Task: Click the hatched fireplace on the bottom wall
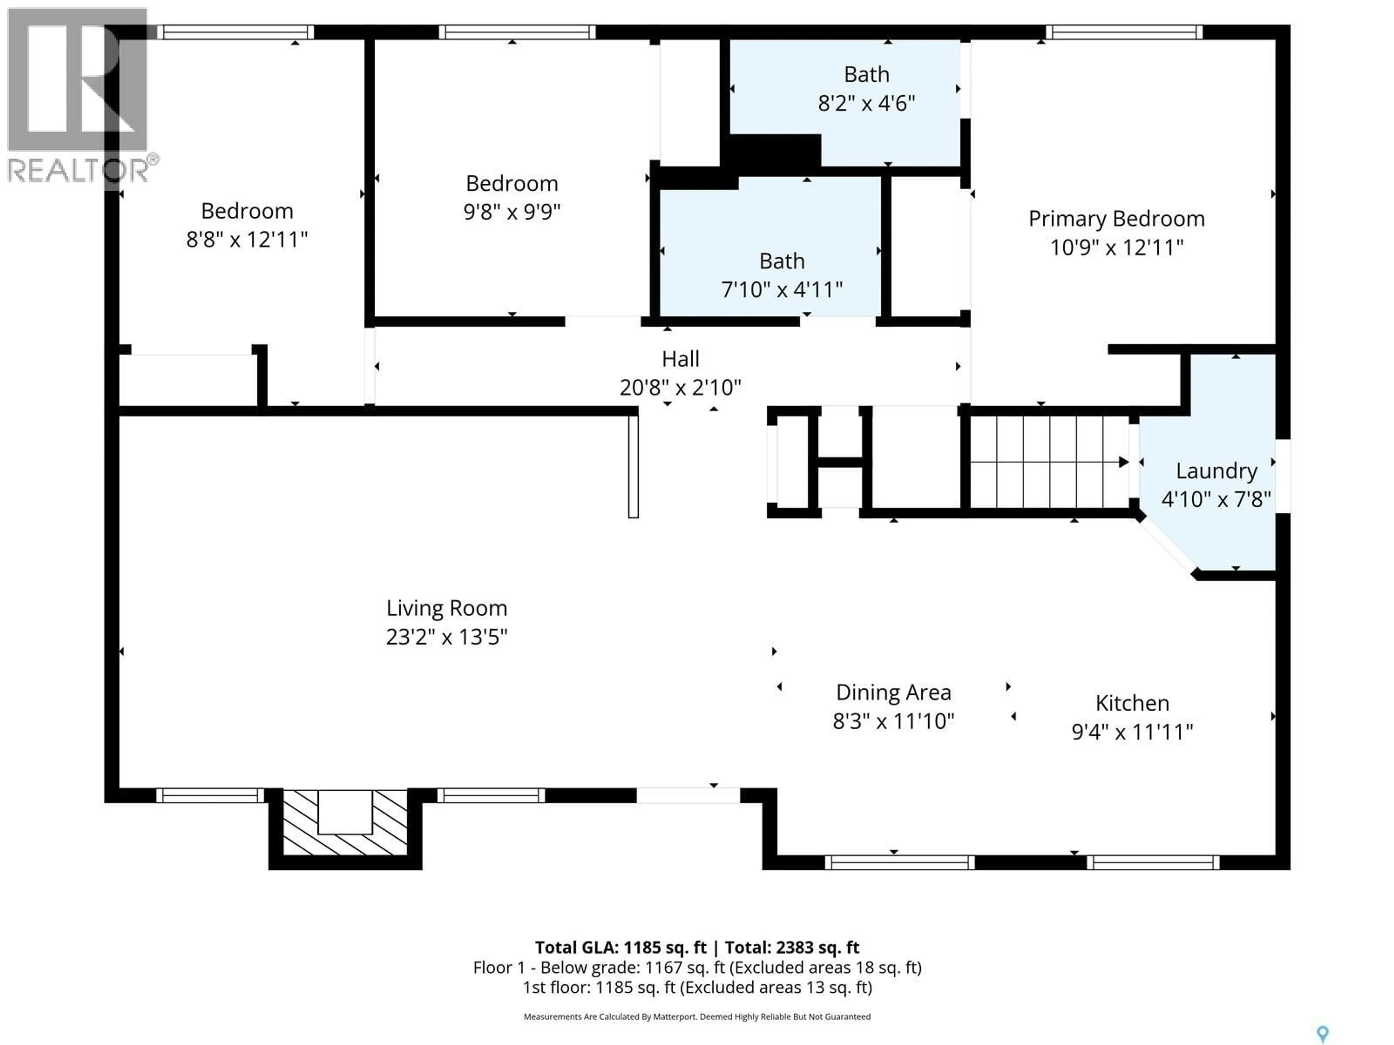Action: pyautogui.click(x=345, y=822)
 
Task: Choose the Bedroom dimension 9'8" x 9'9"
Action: pyautogui.click(x=512, y=212)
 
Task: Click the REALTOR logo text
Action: pyautogui.click(x=79, y=170)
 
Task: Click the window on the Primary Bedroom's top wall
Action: pyautogui.click(x=1124, y=32)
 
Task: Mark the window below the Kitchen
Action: pyautogui.click(x=1153, y=862)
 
